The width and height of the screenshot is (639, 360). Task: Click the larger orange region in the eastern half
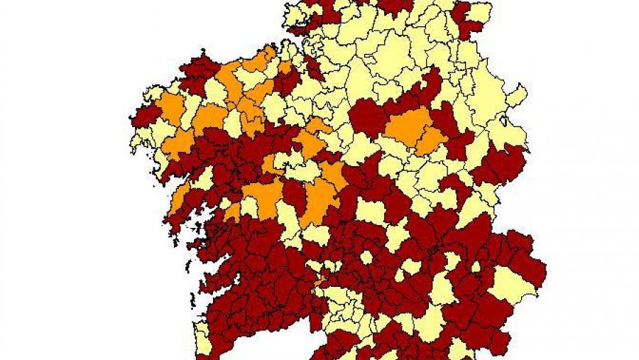tap(408, 126)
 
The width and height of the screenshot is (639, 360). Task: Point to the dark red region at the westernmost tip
tap(146, 117)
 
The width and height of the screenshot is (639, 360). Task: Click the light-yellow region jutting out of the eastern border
tap(517, 96)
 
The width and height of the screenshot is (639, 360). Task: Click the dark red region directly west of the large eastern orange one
tap(366, 118)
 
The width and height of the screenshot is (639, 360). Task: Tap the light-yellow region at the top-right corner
tap(481, 13)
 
